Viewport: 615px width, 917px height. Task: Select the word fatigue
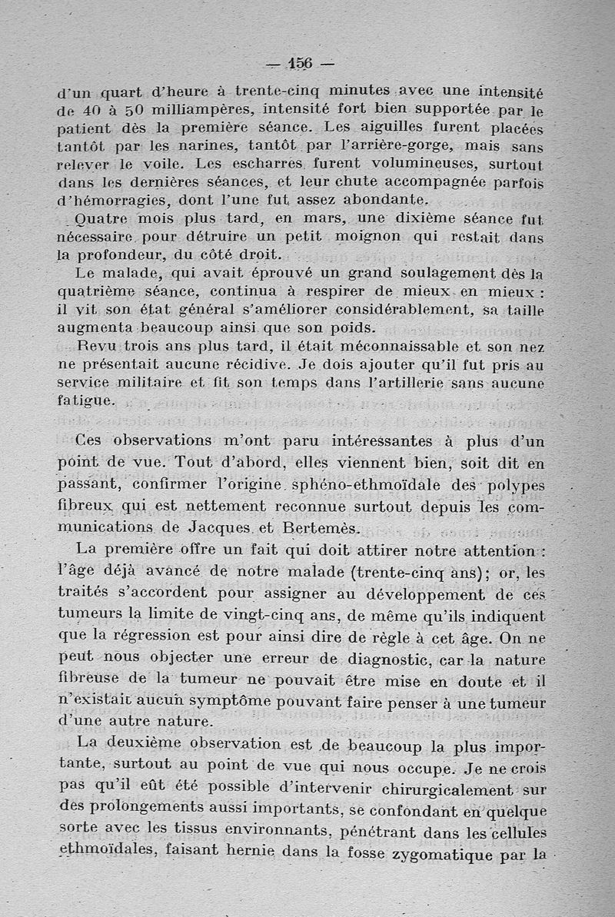click(86, 400)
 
